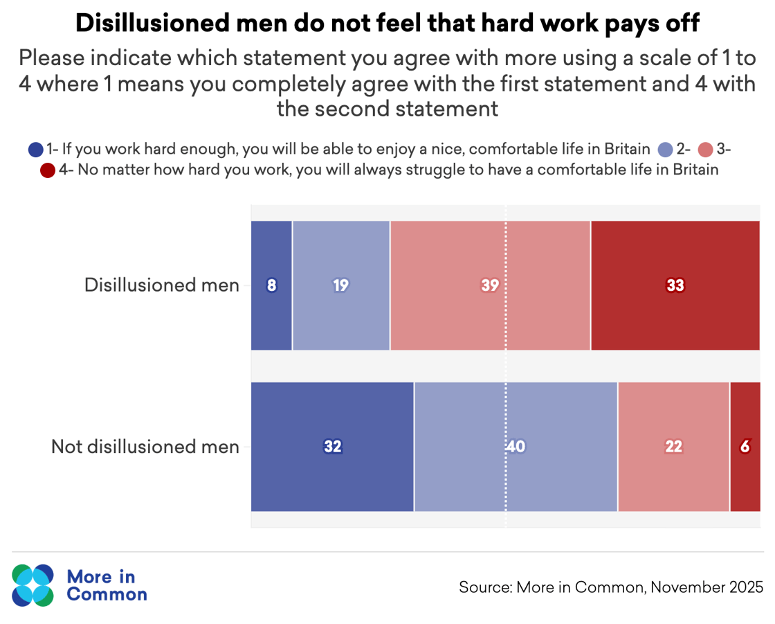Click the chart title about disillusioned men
pyautogui.click(x=387, y=24)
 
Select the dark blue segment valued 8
pyautogui.click(x=271, y=285)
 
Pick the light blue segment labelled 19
pyautogui.click(x=341, y=285)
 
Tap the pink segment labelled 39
pyautogui.click(x=490, y=285)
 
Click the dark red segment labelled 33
pyautogui.click(x=675, y=285)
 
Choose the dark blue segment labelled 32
pyautogui.click(x=332, y=447)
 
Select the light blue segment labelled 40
pyautogui.click(x=516, y=447)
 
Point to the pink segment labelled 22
pyautogui.click(x=673, y=447)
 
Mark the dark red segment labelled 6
pyautogui.click(x=745, y=447)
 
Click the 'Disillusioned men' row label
pyautogui.click(x=162, y=285)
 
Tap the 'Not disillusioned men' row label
pyautogui.click(x=145, y=447)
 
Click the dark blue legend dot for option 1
pyautogui.click(x=36, y=149)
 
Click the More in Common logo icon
pyautogui.click(x=33, y=585)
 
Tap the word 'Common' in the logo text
pyautogui.click(x=107, y=595)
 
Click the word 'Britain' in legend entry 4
pyautogui.click(x=694, y=170)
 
